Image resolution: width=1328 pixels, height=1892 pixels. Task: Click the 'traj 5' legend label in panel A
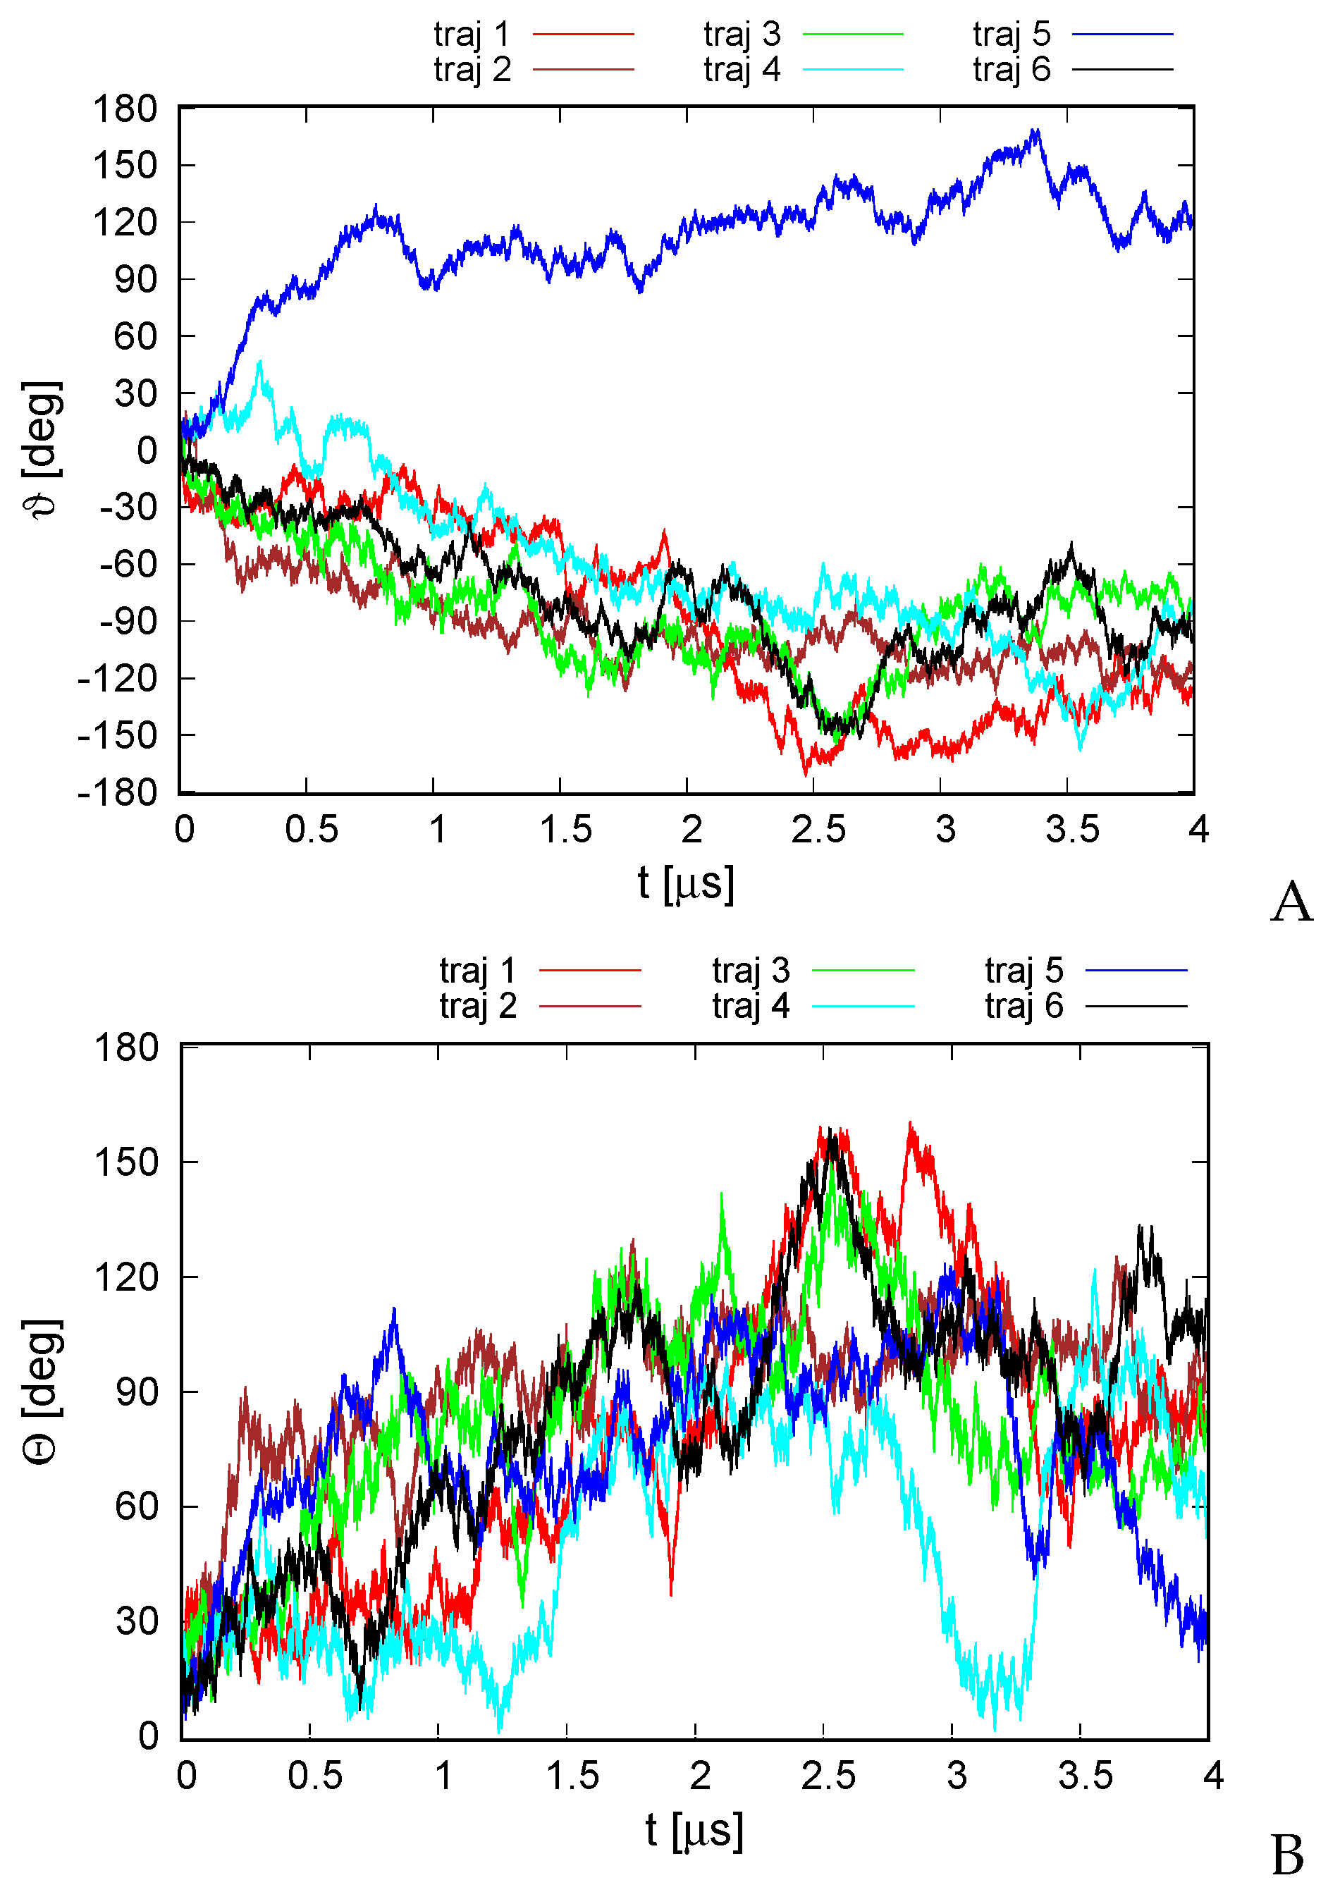(x=1011, y=34)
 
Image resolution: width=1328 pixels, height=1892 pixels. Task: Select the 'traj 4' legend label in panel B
(x=751, y=1006)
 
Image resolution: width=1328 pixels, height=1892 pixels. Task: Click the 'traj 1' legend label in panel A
(x=472, y=34)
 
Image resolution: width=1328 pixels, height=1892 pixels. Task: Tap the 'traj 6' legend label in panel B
(x=1023, y=1006)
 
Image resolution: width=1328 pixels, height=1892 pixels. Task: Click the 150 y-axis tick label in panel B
(x=125, y=1162)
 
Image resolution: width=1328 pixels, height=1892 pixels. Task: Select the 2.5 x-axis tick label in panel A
(x=818, y=830)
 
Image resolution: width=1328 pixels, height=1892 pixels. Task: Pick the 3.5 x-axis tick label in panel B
(x=1085, y=1776)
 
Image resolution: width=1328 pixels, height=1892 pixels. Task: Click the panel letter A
(x=1290, y=902)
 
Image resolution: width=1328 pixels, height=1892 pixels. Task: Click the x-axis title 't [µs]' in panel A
(x=685, y=884)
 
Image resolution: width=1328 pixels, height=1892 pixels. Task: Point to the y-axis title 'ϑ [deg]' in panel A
(x=41, y=449)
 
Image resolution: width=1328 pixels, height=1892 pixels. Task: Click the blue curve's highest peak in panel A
(x=1036, y=130)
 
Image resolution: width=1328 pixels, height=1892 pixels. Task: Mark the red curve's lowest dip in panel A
(x=806, y=775)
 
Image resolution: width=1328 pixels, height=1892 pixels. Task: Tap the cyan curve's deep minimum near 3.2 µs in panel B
(x=995, y=1729)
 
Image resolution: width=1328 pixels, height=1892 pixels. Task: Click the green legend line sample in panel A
(x=853, y=34)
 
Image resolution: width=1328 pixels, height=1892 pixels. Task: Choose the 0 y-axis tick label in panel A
(x=147, y=450)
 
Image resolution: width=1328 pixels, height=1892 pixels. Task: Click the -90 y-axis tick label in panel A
(x=128, y=621)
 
